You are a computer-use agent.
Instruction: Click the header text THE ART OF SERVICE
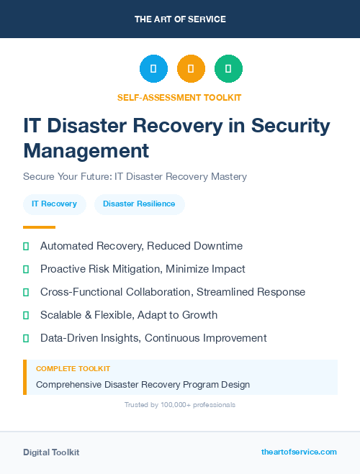[x=180, y=19]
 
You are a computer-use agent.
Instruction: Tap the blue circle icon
[x=153, y=69]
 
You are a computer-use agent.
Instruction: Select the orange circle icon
[x=191, y=69]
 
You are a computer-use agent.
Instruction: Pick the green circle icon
[x=228, y=69]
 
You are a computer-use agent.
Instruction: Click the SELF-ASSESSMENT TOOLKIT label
[x=179, y=97]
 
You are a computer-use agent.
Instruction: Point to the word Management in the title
[x=86, y=150]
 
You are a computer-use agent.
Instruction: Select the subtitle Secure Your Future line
[x=135, y=176]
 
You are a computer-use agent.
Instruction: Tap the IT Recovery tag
[x=55, y=204]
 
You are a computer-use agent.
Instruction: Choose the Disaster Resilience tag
[x=139, y=204]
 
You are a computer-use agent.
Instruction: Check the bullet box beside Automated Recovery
[x=26, y=246]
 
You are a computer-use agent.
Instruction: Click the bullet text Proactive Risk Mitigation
[x=143, y=269]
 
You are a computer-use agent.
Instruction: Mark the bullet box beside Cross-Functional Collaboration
[x=26, y=292]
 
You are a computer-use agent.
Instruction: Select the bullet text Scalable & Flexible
[x=128, y=315]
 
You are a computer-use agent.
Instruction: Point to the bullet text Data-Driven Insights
[x=153, y=338]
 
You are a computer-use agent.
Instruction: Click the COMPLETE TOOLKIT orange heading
[x=73, y=369]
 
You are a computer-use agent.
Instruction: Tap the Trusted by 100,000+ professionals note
[x=179, y=405]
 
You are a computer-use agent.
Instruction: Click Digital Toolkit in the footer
[x=51, y=452]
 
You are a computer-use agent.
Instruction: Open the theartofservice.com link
[x=299, y=452]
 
